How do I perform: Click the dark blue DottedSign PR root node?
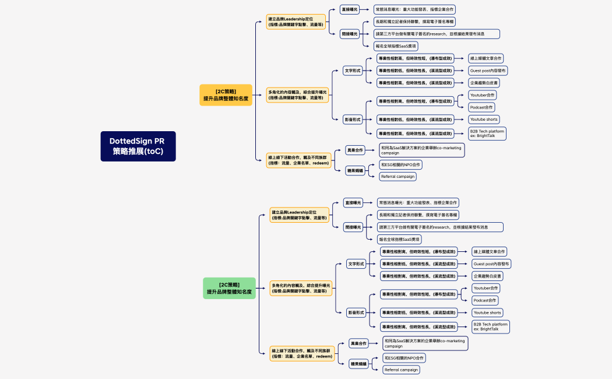click(x=138, y=146)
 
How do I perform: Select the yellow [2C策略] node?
click(x=226, y=95)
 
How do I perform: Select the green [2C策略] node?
click(x=229, y=288)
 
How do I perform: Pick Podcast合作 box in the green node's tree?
click(x=486, y=300)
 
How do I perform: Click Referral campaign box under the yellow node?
click(x=398, y=176)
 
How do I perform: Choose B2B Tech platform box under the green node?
click(x=490, y=327)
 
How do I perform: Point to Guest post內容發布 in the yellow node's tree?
click(x=488, y=71)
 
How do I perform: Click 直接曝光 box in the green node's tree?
click(x=353, y=203)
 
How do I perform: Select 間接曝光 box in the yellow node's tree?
click(x=349, y=34)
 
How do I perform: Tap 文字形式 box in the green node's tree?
click(x=356, y=264)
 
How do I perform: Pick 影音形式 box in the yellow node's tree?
click(x=352, y=120)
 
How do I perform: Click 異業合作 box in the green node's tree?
click(x=358, y=343)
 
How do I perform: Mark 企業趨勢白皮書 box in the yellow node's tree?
click(x=484, y=83)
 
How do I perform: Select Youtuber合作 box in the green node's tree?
click(x=486, y=288)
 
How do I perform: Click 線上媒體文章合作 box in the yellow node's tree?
click(x=486, y=58)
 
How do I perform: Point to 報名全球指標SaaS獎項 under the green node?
click(x=399, y=239)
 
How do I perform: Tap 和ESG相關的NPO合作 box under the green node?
click(x=404, y=357)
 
